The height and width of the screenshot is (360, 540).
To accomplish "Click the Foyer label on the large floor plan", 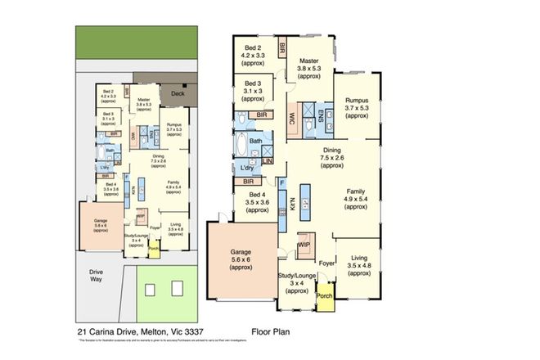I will (326, 263).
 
